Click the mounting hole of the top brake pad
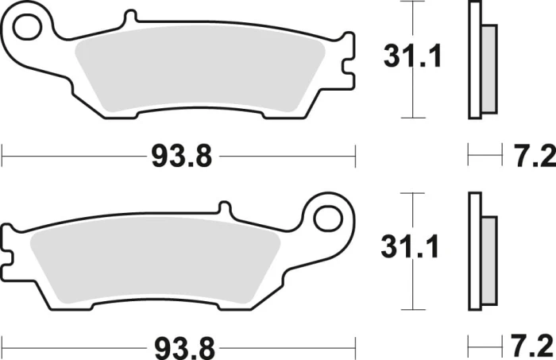coord(27,27)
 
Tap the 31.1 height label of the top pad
coord(412,56)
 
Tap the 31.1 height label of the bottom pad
coord(411,246)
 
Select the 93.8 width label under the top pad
coord(182,156)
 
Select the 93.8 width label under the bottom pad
coord(185,348)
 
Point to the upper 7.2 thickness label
coord(535,156)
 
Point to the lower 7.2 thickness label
coord(533,346)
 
